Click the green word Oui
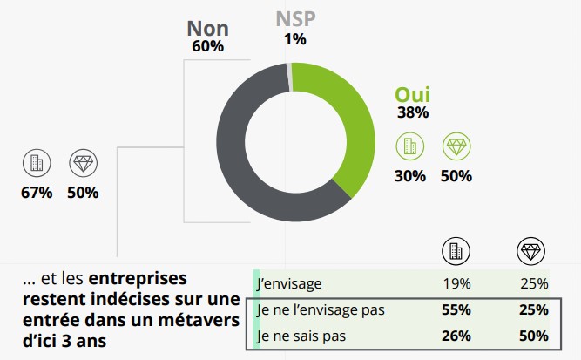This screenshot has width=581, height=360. click(413, 95)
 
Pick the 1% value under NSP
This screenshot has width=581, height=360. click(294, 38)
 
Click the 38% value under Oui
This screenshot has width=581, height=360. click(413, 113)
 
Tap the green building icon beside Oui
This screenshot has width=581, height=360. click(409, 146)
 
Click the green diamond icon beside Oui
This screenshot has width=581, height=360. click(456, 146)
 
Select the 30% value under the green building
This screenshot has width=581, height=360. click(409, 176)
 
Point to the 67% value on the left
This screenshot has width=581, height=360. click(37, 193)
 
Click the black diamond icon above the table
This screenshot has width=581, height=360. click(530, 251)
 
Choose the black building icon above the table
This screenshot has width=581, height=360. click(455, 251)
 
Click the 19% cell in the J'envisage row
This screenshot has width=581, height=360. click(456, 283)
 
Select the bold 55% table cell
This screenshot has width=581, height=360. click(456, 309)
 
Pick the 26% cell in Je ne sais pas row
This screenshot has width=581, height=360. click(456, 336)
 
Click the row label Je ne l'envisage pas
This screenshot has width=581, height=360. click(320, 309)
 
